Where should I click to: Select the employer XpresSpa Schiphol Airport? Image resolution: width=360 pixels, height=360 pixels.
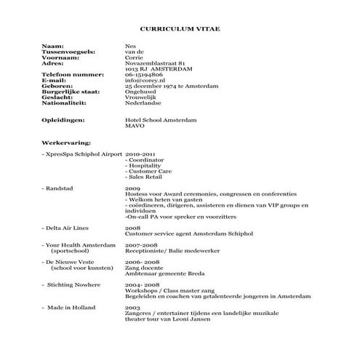point(84,155)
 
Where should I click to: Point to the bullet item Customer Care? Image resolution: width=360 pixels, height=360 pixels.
point(149,171)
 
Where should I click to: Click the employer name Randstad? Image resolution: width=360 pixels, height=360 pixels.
point(62,188)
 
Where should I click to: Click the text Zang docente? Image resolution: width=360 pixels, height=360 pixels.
point(143,266)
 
